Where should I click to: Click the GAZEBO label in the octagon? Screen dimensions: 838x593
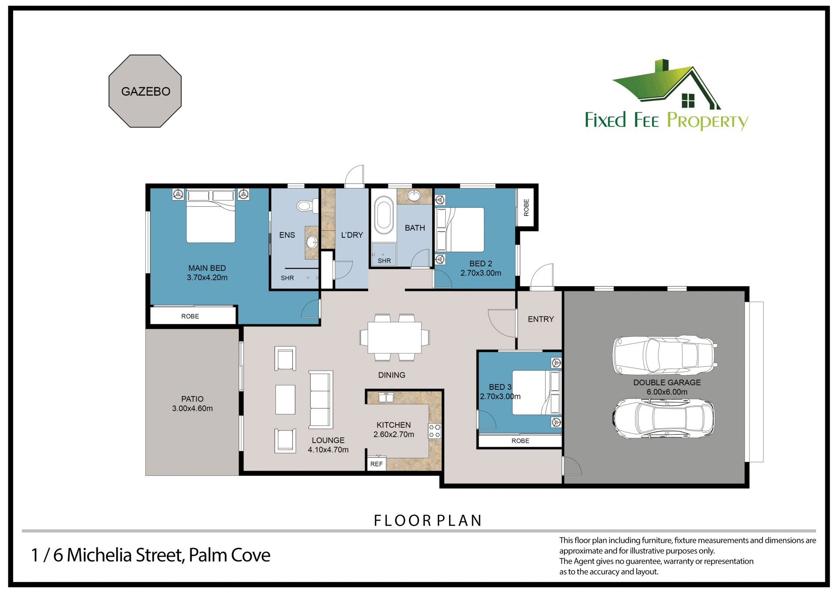[x=146, y=91]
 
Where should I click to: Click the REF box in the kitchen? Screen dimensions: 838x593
[x=376, y=464]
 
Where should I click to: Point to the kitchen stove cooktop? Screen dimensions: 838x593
[x=435, y=431]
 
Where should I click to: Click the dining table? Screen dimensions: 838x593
[x=395, y=337]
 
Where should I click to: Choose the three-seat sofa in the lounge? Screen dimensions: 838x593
[x=321, y=399]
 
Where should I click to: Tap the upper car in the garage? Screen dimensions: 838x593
[x=665, y=355]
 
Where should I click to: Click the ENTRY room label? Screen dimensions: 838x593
[x=541, y=319]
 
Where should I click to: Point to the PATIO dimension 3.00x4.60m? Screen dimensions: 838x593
[x=192, y=409]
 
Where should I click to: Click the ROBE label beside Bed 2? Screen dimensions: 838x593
[x=526, y=207]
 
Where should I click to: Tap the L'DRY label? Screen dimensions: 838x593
[x=352, y=235]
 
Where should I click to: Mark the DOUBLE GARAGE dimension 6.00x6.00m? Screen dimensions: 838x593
[x=667, y=392]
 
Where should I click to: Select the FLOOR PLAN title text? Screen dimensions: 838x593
[x=428, y=520]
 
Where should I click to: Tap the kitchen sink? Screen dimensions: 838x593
[x=386, y=398]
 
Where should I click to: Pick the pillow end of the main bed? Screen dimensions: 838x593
[x=211, y=196]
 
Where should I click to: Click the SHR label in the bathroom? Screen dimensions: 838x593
[x=384, y=261]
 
